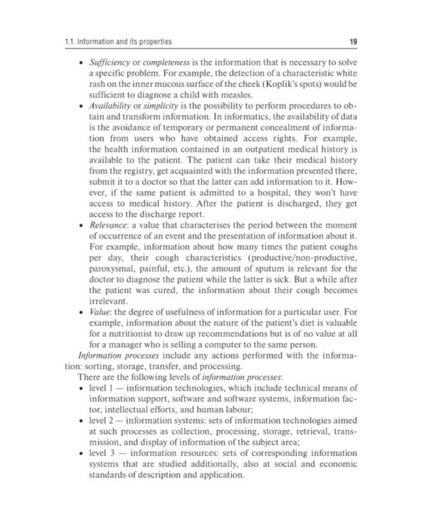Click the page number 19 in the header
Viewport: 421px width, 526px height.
pyautogui.click(x=354, y=42)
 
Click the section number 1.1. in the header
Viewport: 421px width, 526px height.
pyautogui.click(x=70, y=42)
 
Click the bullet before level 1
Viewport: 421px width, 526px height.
pyautogui.click(x=83, y=386)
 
